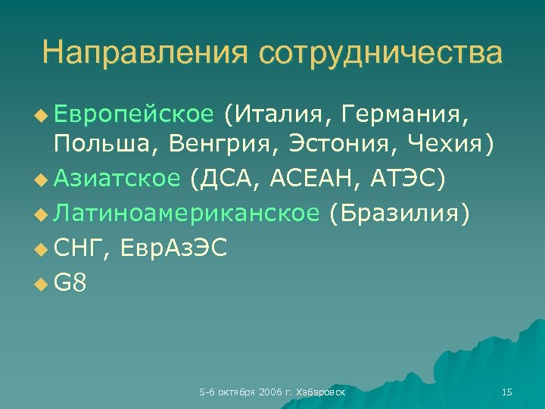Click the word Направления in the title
coord(145,53)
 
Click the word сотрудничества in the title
coord(380,53)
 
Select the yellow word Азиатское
coord(117,179)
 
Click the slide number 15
coord(507,392)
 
